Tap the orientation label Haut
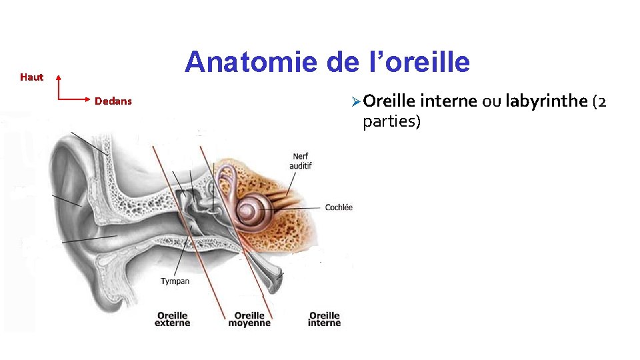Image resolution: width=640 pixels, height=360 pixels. (x=31, y=77)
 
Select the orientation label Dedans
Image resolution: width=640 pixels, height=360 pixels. (x=113, y=101)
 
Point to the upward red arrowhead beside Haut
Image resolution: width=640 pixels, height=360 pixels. (x=58, y=77)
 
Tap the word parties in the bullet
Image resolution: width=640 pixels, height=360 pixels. (x=391, y=122)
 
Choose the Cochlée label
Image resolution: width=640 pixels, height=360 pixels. (x=339, y=207)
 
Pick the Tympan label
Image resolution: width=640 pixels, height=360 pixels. (x=175, y=281)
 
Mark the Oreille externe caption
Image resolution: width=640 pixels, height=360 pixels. (x=172, y=319)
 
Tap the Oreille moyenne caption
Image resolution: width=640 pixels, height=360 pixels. (x=249, y=319)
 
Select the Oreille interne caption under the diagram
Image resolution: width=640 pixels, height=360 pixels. (x=324, y=319)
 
